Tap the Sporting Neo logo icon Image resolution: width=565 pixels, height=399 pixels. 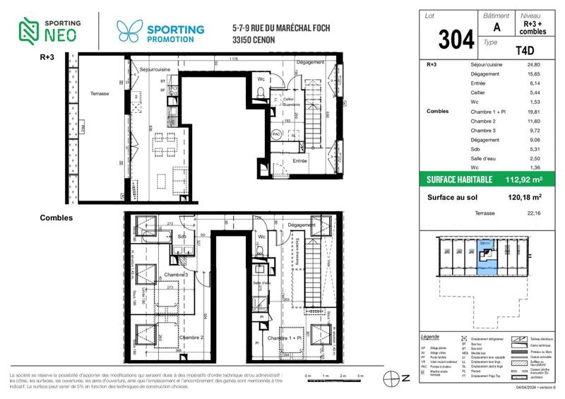click(x=27, y=28)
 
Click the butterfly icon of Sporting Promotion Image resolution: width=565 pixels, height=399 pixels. click(x=130, y=31)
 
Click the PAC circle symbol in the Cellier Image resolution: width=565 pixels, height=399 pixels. click(x=277, y=133)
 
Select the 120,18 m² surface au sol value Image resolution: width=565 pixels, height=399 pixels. click(x=527, y=198)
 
